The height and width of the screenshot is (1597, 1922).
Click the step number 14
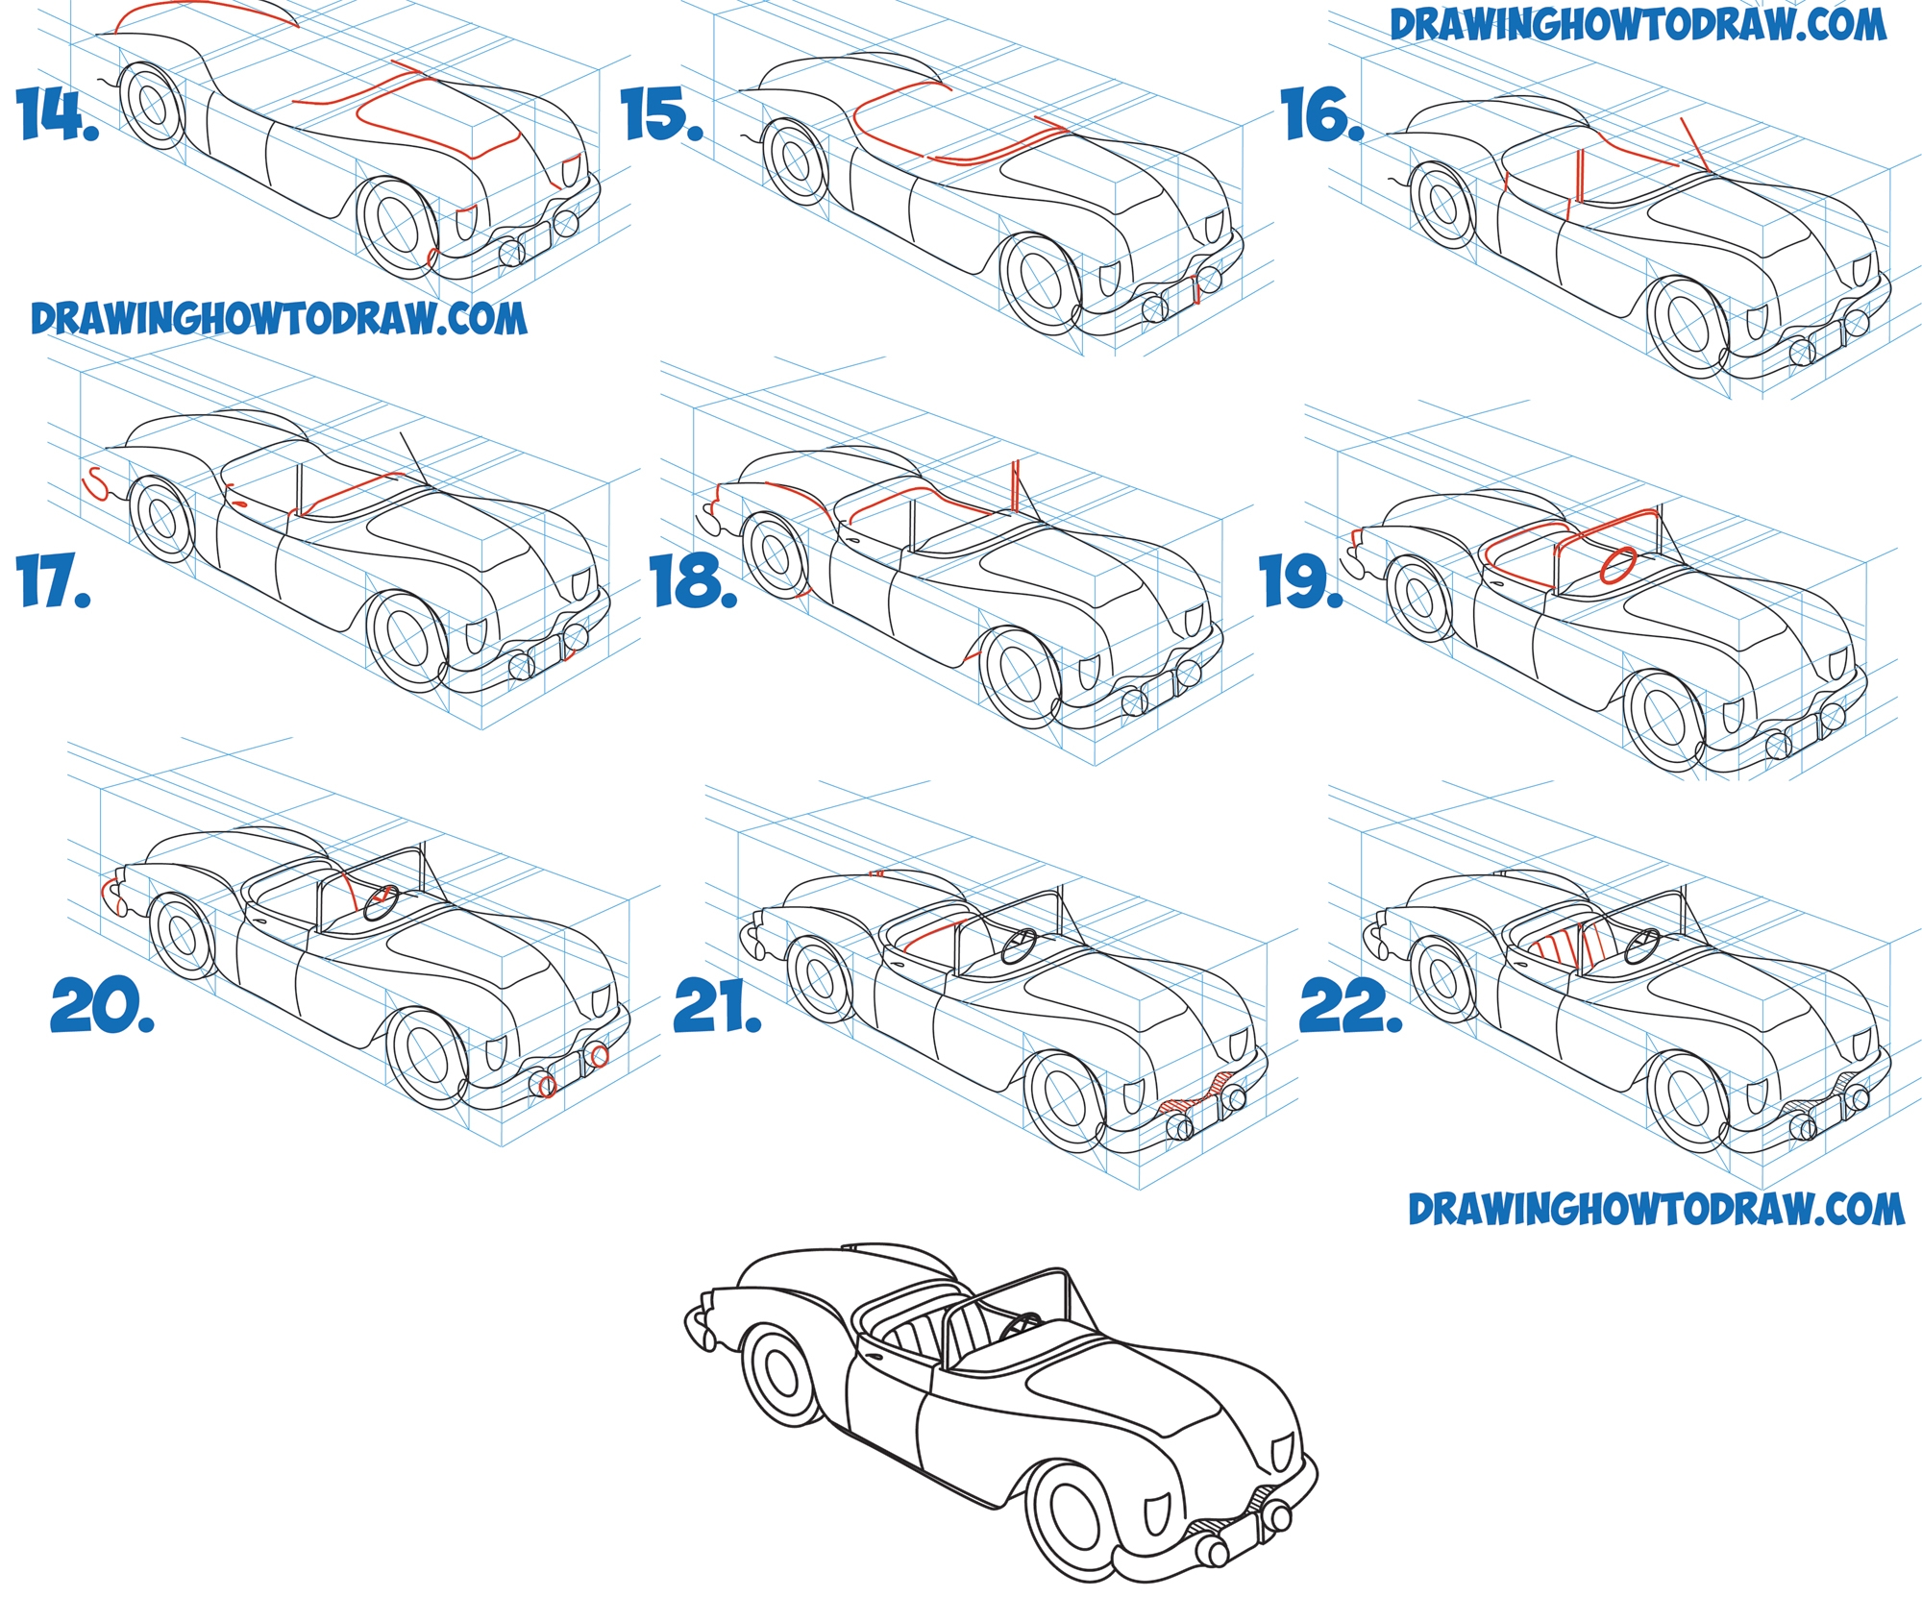[59, 114]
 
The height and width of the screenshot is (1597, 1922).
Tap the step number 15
[663, 114]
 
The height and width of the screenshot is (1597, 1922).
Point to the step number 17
[54, 583]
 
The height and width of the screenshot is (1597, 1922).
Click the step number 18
[694, 582]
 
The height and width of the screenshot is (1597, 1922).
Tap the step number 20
[102, 1006]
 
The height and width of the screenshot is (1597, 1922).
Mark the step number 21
[717, 1006]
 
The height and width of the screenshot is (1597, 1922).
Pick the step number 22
[1350, 1006]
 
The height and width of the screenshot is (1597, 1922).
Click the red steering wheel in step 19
[1618, 565]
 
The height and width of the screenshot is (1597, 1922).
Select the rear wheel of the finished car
[784, 1374]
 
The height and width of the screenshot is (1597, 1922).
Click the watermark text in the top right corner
[1638, 25]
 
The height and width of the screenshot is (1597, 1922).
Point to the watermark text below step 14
[279, 318]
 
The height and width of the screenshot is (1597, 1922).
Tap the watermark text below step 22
[1656, 1209]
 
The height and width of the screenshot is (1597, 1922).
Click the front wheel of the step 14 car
[401, 227]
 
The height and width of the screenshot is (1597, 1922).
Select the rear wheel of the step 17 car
[161, 520]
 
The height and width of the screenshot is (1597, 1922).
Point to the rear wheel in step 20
[181, 935]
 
